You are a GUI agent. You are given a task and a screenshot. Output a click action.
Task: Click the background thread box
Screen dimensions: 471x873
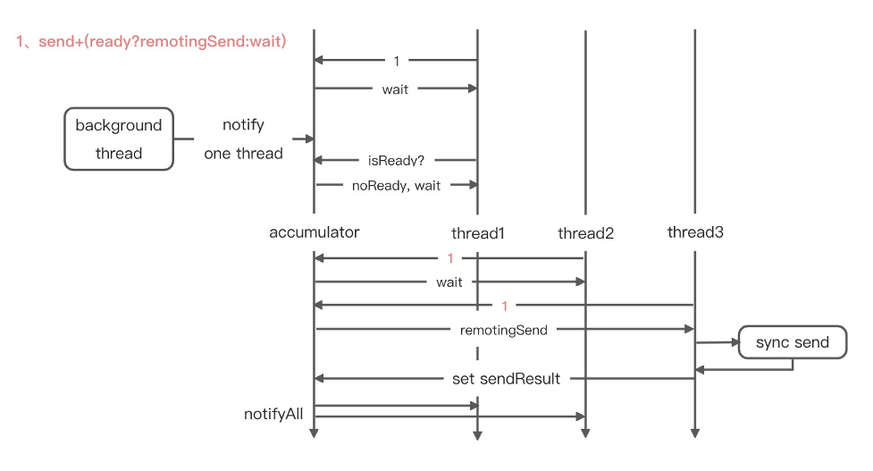coord(119,139)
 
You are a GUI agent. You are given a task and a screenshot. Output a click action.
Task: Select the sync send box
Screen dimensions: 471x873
coord(792,342)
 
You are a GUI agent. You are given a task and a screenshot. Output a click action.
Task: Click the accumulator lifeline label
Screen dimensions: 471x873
coord(314,232)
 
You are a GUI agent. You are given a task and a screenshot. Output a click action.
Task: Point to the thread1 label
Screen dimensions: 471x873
coord(478,234)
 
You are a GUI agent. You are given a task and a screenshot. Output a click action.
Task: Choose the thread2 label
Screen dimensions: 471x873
coord(585,234)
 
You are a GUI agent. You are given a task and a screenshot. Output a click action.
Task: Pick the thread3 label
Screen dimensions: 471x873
coord(695,232)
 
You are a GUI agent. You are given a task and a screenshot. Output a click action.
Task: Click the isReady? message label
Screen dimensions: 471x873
coord(396,161)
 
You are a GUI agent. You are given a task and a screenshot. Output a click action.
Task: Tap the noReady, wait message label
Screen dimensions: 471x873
coord(396,185)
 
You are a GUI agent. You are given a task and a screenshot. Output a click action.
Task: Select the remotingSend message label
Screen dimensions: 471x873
coord(504,330)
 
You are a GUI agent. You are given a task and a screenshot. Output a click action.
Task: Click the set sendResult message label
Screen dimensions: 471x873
coord(507,379)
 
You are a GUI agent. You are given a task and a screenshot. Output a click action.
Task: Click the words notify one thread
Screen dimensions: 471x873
coord(243,139)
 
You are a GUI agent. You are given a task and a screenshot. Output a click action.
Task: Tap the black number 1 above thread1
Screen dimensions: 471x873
coord(396,62)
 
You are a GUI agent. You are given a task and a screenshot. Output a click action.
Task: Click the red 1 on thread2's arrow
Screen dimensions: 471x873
coord(450,258)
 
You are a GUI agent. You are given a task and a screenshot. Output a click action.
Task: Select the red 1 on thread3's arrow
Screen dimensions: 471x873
coord(504,306)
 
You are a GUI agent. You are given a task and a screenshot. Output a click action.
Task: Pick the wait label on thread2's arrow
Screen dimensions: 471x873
coord(449,282)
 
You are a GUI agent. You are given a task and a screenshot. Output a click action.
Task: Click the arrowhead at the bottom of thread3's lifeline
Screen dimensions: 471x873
coord(695,435)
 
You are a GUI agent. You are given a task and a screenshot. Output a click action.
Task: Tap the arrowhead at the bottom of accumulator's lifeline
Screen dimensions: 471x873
coord(314,435)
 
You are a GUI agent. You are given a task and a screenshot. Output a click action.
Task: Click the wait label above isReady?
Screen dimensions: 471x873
coord(396,88)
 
